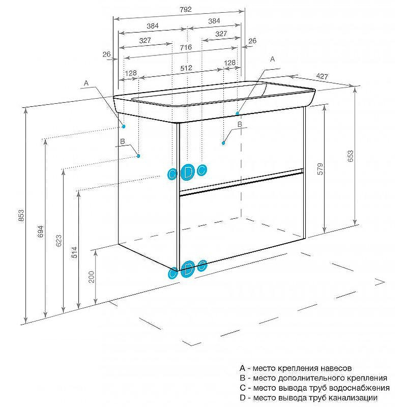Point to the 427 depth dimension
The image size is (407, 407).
(322, 76)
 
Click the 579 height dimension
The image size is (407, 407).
(320, 168)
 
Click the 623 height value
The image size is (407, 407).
(59, 240)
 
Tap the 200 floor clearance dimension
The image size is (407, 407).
(92, 276)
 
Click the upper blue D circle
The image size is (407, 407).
(188, 172)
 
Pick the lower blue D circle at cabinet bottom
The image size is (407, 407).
(188, 269)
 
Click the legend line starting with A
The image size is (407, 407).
(295, 368)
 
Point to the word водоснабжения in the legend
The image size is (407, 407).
(361, 388)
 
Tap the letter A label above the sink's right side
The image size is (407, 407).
(272, 59)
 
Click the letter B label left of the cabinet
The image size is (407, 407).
(122, 141)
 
